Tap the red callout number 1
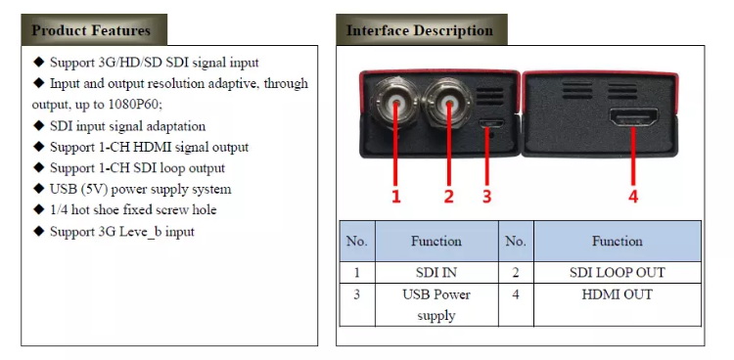(x=396, y=197)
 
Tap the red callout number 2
(x=449, y=197)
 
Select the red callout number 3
(x=486, y=197)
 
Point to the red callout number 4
(x=633, y=197)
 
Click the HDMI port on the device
(x=634, y=121)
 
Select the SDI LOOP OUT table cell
(x=617, y=273)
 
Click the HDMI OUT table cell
(x=617, y=294)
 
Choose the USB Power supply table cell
(x=436, y=304)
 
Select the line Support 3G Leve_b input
(x=121, y=232)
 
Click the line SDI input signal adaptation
(x=127, y=126)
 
